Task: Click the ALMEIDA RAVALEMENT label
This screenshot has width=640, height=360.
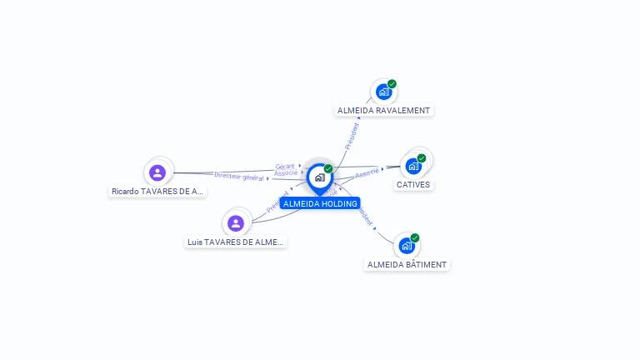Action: (384, 110)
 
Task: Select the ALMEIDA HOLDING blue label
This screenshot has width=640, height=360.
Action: (320, 203)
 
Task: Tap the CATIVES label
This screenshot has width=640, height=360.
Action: (413, 184)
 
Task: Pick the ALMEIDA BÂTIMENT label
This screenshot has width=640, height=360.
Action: (407, 264)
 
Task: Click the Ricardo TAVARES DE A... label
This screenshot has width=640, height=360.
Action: (157, 191)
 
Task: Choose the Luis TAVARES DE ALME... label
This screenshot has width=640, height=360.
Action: (236, 242)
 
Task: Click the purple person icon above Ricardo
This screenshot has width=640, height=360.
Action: (157, 172)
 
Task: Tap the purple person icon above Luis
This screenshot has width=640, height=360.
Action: (236, 223)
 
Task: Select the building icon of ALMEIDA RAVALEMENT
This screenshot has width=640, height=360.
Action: (383, 92)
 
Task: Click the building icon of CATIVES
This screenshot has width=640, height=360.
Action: (412, 166)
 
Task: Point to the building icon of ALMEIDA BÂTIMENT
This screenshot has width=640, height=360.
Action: (406, 246)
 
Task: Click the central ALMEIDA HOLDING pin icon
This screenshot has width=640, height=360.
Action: (319, 177)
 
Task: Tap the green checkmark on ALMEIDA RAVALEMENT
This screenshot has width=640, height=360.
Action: (392, 83)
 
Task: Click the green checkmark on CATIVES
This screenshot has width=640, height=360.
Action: (421, 158)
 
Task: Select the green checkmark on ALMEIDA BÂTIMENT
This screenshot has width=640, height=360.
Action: (414, 238)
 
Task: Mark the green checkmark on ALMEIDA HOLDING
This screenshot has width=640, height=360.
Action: (328, 169)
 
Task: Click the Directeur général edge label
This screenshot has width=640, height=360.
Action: (238, 176)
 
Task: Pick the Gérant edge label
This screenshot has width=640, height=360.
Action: (285, 166)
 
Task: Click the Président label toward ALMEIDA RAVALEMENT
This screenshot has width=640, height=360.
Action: (352, 136)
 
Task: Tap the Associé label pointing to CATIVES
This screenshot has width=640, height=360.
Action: (367, 174)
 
